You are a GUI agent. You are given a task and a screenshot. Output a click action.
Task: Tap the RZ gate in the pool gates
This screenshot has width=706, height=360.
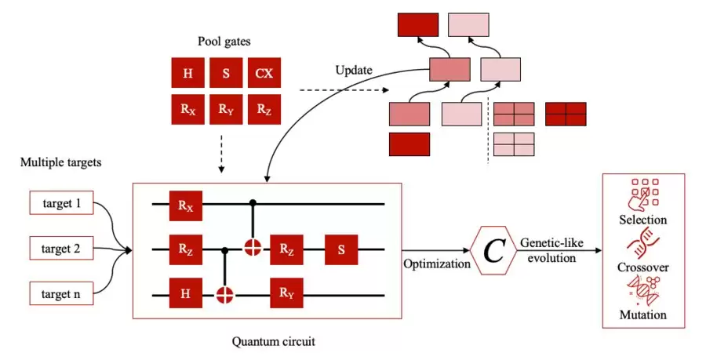click(263, 109)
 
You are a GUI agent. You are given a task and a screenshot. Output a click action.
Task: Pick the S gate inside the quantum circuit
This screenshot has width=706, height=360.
click(341, 250)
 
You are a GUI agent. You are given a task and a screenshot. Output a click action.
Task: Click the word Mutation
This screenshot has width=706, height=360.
click(642, 315)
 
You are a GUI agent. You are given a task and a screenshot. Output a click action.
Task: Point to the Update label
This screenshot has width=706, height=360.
click(353, 70)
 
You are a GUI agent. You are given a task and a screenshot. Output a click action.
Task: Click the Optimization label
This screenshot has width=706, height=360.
click(437, 264)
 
